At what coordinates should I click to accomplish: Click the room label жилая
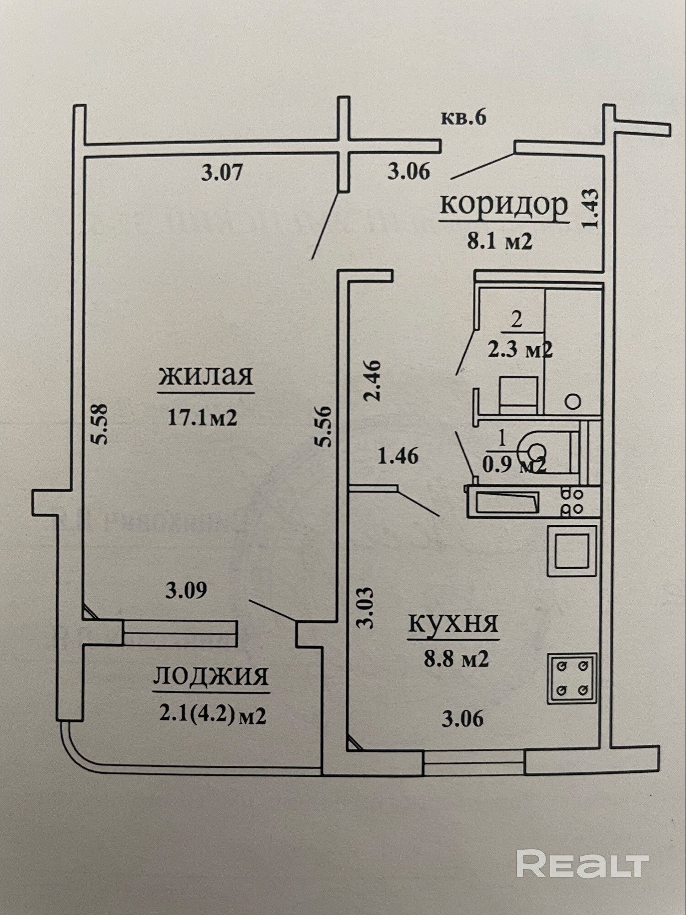(x=206, y=376)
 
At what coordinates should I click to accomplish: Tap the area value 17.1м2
(x=202, y=417)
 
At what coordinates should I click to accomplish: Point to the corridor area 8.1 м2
(x=499, y=241)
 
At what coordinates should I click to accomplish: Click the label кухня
(x=453, y=623)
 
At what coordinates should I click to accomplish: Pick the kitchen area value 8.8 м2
(x=456, y=659)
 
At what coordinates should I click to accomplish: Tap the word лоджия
(x=211, y=676)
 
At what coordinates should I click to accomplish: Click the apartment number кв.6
(x=463, y=118)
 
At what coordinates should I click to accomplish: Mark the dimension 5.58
(x=99, y=423)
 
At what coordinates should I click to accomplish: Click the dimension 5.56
(x=326, y=426)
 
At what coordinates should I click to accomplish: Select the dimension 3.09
(x=186, y=591)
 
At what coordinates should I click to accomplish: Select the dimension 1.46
(x=398, y=456)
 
